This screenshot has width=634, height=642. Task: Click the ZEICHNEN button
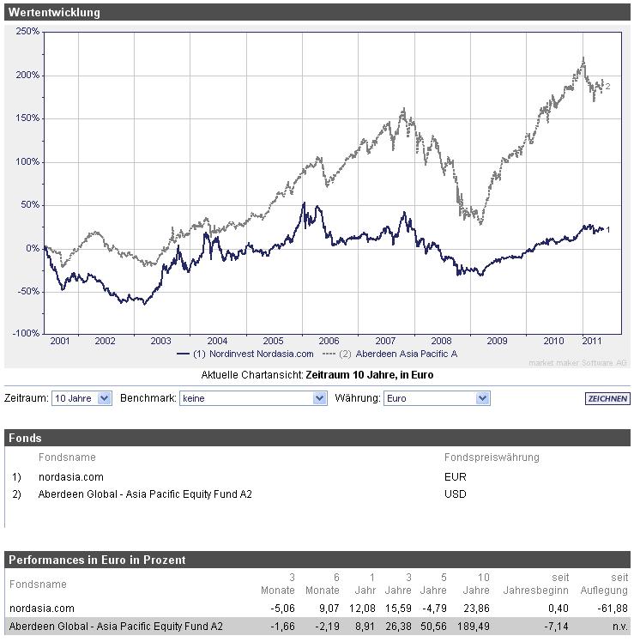pos(607,399)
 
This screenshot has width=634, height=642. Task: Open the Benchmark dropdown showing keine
pos(254,398)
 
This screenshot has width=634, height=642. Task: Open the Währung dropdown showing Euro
pos(436,398)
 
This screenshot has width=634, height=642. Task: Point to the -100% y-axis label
pos(26,333)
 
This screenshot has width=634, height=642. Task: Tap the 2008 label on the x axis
pos(440,341)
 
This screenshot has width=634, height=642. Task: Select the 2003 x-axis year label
pos(161,341)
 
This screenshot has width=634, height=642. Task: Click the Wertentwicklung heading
pos(54,13)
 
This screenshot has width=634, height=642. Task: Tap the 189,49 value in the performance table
pos(471,627)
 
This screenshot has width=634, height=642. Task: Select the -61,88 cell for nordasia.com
pos(612,609)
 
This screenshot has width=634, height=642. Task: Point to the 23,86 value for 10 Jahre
pos(474,609)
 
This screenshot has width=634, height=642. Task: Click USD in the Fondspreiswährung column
pos(456,494)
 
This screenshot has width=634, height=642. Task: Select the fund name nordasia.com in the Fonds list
pos(70,476)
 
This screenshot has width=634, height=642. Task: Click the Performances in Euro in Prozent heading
pos(97,560)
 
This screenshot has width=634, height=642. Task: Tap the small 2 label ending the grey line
pos(607,86)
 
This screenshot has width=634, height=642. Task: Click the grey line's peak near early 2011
pos(583,58)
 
